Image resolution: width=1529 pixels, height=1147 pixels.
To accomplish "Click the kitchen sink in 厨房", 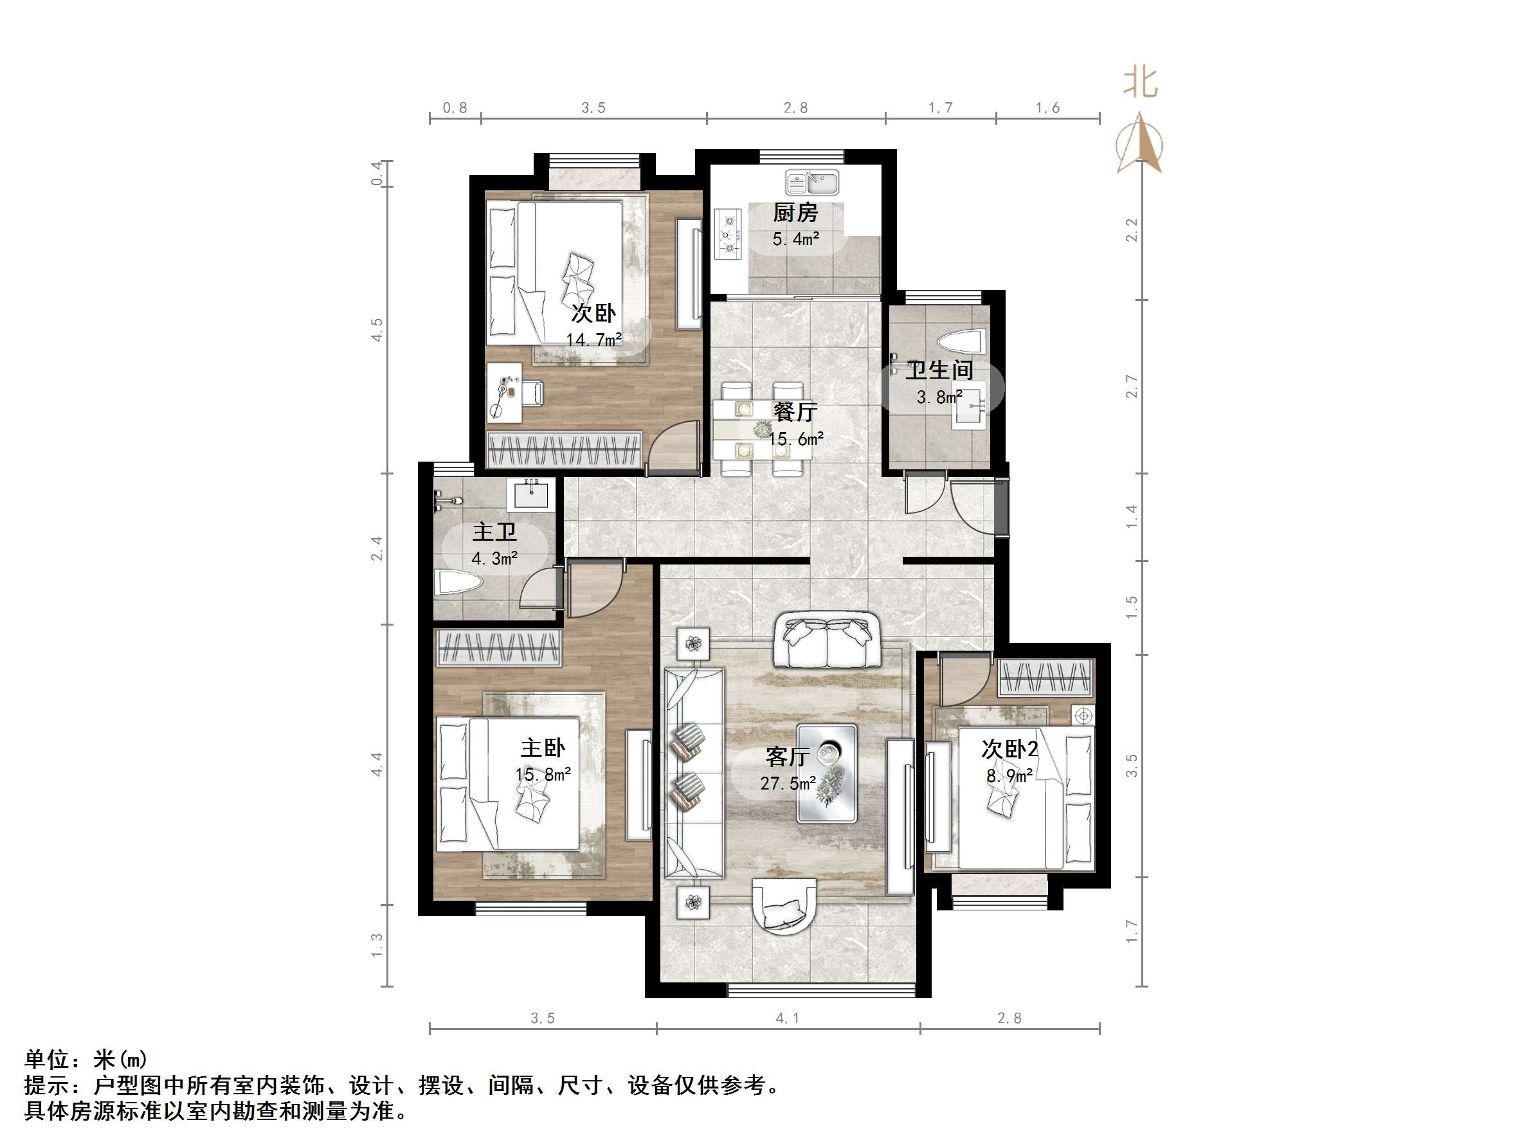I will [x=811, y=183].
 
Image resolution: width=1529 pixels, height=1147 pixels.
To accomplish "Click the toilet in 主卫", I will [x=458, y=583].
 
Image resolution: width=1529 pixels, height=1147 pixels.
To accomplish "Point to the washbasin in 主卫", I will [x=531, y=494].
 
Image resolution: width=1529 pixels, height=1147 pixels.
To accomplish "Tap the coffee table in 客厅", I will [x=827, y=773].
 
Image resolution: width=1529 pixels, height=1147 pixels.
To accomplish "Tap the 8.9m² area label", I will [x=1009, y=776].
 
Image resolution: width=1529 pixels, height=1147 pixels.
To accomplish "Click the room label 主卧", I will [x=543, y=747].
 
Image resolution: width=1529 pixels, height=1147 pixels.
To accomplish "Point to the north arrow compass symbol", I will [x=1140, y=145].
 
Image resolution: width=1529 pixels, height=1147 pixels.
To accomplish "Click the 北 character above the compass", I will [x=1140, y=82].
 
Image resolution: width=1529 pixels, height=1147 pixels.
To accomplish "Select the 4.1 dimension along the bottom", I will [x=787, y=1018].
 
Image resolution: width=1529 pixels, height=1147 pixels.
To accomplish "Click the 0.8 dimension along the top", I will [x=455, y=108].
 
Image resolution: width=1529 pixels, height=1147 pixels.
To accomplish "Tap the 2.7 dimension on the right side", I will [x=1132, y=386].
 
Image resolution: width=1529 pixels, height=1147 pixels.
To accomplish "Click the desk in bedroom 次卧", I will [x=504, y=393].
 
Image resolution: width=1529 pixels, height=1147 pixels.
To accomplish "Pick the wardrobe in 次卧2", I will [x=1046, y=678].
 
